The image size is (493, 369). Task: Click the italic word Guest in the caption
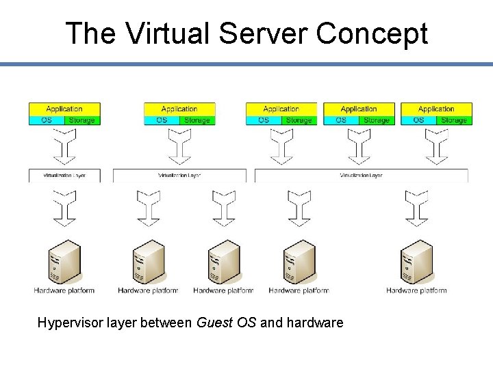214,323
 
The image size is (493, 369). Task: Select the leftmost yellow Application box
64,109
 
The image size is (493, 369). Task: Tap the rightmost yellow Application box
436,109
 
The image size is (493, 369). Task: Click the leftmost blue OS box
47,120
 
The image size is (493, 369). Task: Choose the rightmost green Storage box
453,120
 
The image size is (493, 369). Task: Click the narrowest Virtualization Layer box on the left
64,176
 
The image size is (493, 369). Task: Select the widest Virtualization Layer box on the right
361,176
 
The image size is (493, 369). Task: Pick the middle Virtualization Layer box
179,176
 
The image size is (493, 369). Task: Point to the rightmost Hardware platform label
416,290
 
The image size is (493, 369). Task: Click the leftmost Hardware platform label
64,290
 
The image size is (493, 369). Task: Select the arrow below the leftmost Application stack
64,146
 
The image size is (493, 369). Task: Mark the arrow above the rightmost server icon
416,208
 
